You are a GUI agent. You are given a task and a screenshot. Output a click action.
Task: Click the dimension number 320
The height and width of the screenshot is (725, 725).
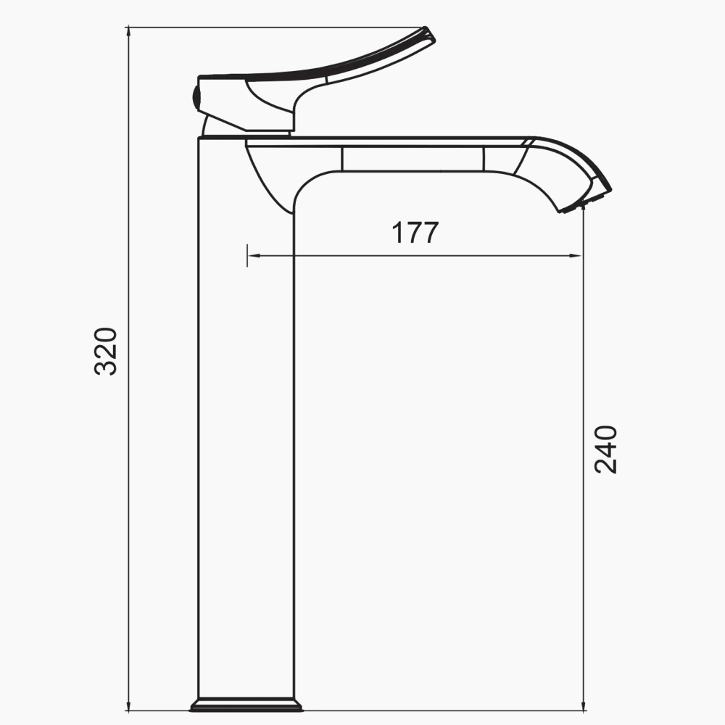click(x=107, y=351)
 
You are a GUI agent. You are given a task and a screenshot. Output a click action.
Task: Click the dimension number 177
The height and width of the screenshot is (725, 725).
click(x=415, y=233)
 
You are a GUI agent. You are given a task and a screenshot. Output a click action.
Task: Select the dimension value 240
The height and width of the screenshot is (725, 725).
click(x=605, y=449)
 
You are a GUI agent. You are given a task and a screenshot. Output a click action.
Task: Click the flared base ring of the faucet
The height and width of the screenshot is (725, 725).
click(x=246, y=705)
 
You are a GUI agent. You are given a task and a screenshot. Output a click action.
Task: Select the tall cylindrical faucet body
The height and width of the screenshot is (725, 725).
click(x=246, y=435)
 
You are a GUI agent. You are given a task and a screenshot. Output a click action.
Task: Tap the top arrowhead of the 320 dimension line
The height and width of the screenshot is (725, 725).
click(x=129, y=33)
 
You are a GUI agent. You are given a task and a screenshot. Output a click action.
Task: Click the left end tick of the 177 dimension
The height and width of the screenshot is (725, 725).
click(x=247, y=255)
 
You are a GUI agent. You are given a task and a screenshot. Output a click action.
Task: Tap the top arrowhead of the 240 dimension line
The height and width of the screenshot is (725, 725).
click(x=584, y=210)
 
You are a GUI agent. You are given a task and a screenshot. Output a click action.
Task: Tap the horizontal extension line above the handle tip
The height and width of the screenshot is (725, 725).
click(x=275, y=28)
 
